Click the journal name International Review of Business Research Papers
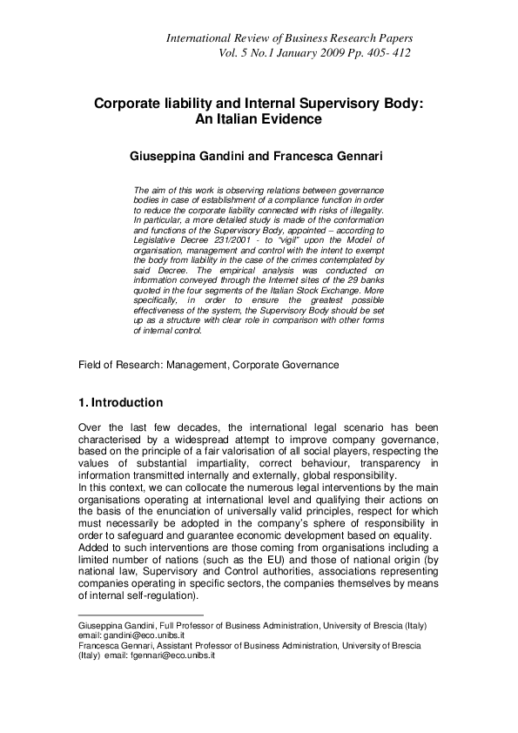(289, 38)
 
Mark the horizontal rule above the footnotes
(128, 615)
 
